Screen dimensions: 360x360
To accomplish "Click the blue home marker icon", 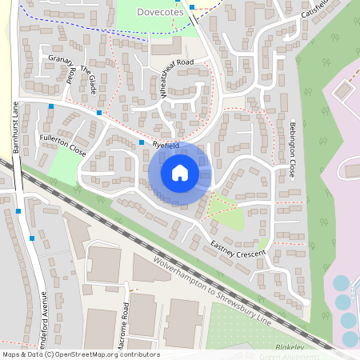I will click(x=180, y=173).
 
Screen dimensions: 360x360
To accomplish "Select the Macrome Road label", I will click(x=126, y=320).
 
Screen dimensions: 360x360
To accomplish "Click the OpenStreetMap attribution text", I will click(x=80, y=354).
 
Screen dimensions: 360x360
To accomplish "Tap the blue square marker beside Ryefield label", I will click(x=142, y=142).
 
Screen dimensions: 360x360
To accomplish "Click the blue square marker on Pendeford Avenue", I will click(x=32, y=238).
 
